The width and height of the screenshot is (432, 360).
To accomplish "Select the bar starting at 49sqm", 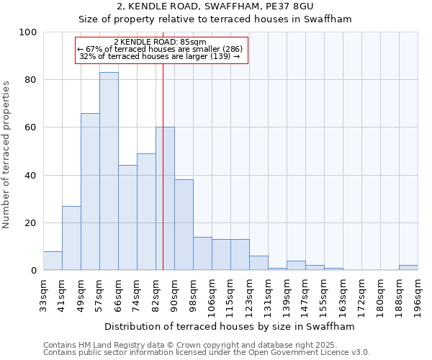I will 90,192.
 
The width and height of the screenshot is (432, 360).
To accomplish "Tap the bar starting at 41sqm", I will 71,238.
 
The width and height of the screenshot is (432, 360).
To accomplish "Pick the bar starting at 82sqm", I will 165,199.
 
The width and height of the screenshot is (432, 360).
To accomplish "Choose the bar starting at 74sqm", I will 146,212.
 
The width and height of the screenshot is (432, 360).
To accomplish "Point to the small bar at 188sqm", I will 408,268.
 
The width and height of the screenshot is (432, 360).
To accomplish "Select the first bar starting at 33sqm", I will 53,261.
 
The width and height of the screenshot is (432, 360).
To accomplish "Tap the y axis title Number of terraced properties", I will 6,155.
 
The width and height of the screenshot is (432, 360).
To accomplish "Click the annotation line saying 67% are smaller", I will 160,49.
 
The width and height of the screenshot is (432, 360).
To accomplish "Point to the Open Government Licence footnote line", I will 207,352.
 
